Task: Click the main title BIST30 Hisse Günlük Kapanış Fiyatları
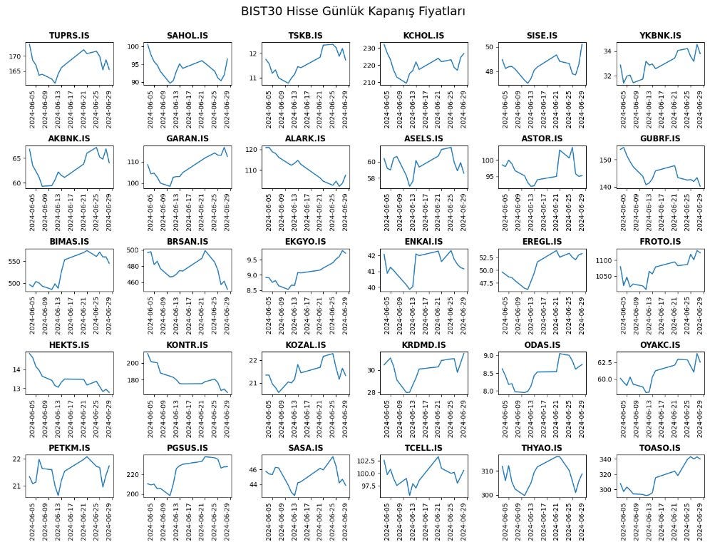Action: coord(353,11)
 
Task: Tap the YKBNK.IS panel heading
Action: coord(659,36)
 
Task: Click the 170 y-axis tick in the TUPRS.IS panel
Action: coord(15,56)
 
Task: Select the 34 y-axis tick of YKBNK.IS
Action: coord(609,51)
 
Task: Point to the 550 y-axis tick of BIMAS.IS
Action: coord(15,262)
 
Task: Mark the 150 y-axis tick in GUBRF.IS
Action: coord(607,160)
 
